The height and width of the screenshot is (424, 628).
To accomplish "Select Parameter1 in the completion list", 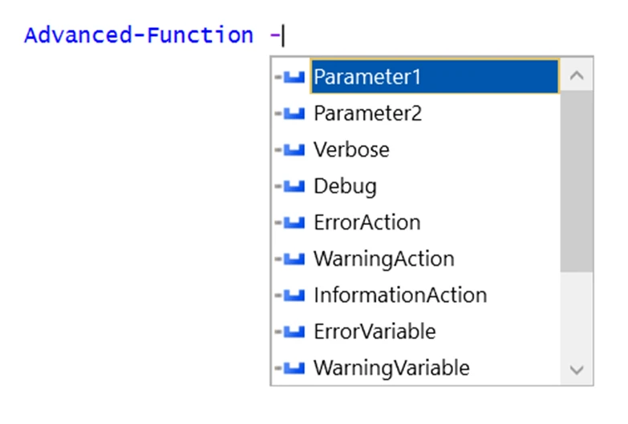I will [367, 77].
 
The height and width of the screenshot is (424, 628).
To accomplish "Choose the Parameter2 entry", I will [367, 113].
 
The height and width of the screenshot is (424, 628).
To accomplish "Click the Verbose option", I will [351, 149].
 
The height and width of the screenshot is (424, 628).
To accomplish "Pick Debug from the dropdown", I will [345, 186].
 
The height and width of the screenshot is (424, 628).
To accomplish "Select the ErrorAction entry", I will [367, 222].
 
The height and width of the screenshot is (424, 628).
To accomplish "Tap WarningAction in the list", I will [383, 259].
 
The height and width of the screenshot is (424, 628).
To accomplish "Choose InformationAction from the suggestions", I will [399, 295].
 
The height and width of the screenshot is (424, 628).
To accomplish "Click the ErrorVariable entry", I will [375, 331].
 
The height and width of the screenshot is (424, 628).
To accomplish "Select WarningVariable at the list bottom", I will [391, 368].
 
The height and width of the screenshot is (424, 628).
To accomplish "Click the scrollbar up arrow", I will [576, 76].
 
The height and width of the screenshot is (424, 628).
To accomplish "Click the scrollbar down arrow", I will [576, 369].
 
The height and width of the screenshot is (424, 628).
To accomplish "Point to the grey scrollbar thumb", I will [576, 181].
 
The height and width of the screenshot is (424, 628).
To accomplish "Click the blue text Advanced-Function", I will [139, 35].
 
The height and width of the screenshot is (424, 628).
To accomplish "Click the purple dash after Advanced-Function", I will [273, 35].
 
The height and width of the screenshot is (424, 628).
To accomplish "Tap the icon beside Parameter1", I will [294, 77].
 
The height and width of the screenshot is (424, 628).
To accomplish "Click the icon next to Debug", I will [294, 186].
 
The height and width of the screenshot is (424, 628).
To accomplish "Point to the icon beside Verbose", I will [294, 149].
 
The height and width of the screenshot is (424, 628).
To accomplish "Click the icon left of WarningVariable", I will [294, 368].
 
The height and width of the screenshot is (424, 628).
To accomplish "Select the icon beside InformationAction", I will [294, 295].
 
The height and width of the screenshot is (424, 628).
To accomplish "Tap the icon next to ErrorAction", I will [294, 222].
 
